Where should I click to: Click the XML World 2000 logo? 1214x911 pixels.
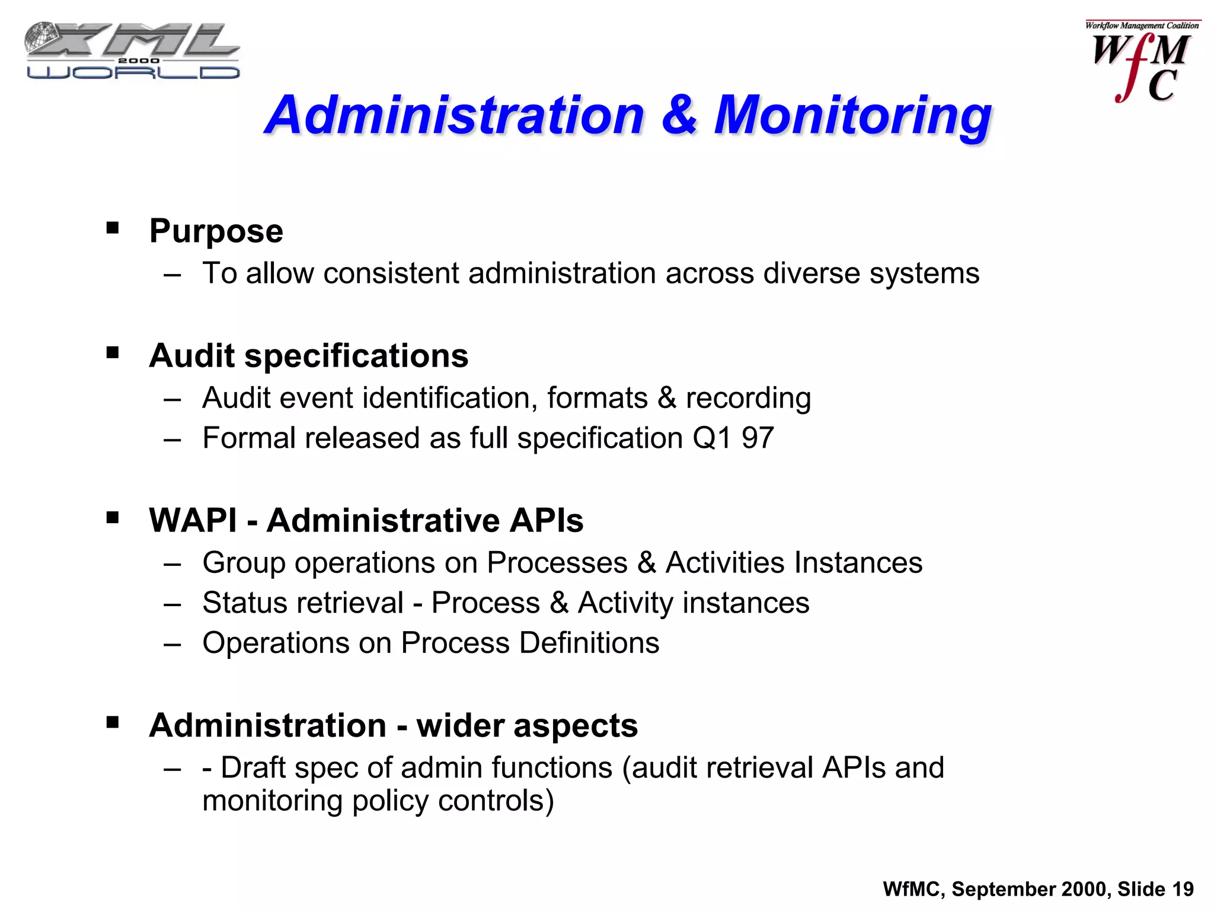tap(132, 51)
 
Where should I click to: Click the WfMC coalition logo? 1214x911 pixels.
tap(1142, 63)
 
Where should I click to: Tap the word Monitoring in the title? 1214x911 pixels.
tap(852, 116)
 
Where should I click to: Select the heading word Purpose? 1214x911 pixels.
tap(216, 231)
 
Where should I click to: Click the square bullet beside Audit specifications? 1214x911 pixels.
tap(113, 353)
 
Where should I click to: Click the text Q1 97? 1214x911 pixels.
tap(733, 439)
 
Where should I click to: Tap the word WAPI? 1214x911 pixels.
tap(193, 521)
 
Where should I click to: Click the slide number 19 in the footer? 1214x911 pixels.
tap(1183, 890)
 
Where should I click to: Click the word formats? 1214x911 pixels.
tap(597, 398)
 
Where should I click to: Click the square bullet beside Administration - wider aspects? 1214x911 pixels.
tap(113, 722)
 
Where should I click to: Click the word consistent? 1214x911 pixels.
tap(391, 274)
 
